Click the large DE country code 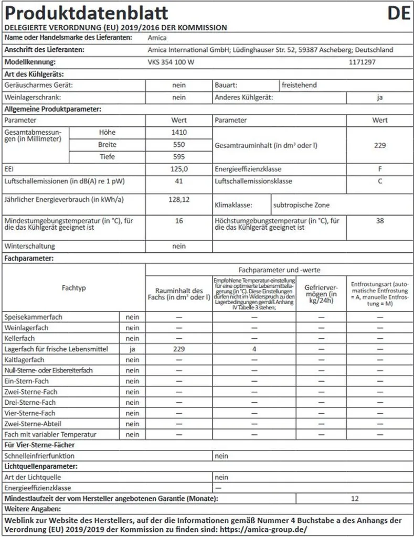(x=398, y=13)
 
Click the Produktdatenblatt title (x=86, y=13)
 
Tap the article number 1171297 (x=362, y=62)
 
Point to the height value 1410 (x=179, y=132)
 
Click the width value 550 (x=179, y=144)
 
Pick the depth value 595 (x=179, y=156)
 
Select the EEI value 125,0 (x=179, y=169)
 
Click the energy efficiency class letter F (x=380, y=169)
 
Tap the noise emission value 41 (x=179, y=181)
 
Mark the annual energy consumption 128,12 (x=179, y=200)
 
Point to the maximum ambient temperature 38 (x=380, y=221)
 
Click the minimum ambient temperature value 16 (x=179, y=221)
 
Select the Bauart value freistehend (x=299, y=85)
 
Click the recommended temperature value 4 (x=253, y=349)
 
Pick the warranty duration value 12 (x=355, y=498)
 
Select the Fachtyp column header (x=74, y=288)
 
